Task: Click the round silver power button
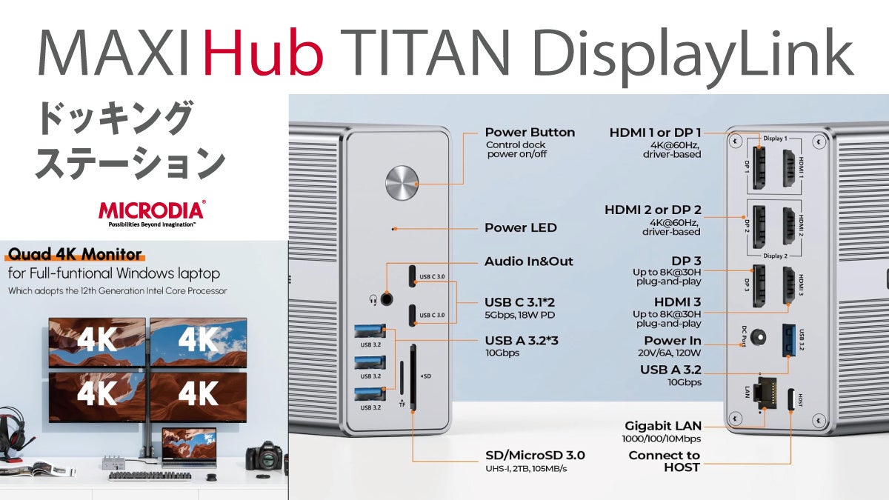402,182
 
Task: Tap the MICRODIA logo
152,210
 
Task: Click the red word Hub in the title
264,52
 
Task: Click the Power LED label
520,227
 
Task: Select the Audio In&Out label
528,261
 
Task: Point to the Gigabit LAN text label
662,426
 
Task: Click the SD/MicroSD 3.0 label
534,455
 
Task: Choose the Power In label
672,341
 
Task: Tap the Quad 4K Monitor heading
74,255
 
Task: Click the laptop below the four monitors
188,447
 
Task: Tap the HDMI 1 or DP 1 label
655,132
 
